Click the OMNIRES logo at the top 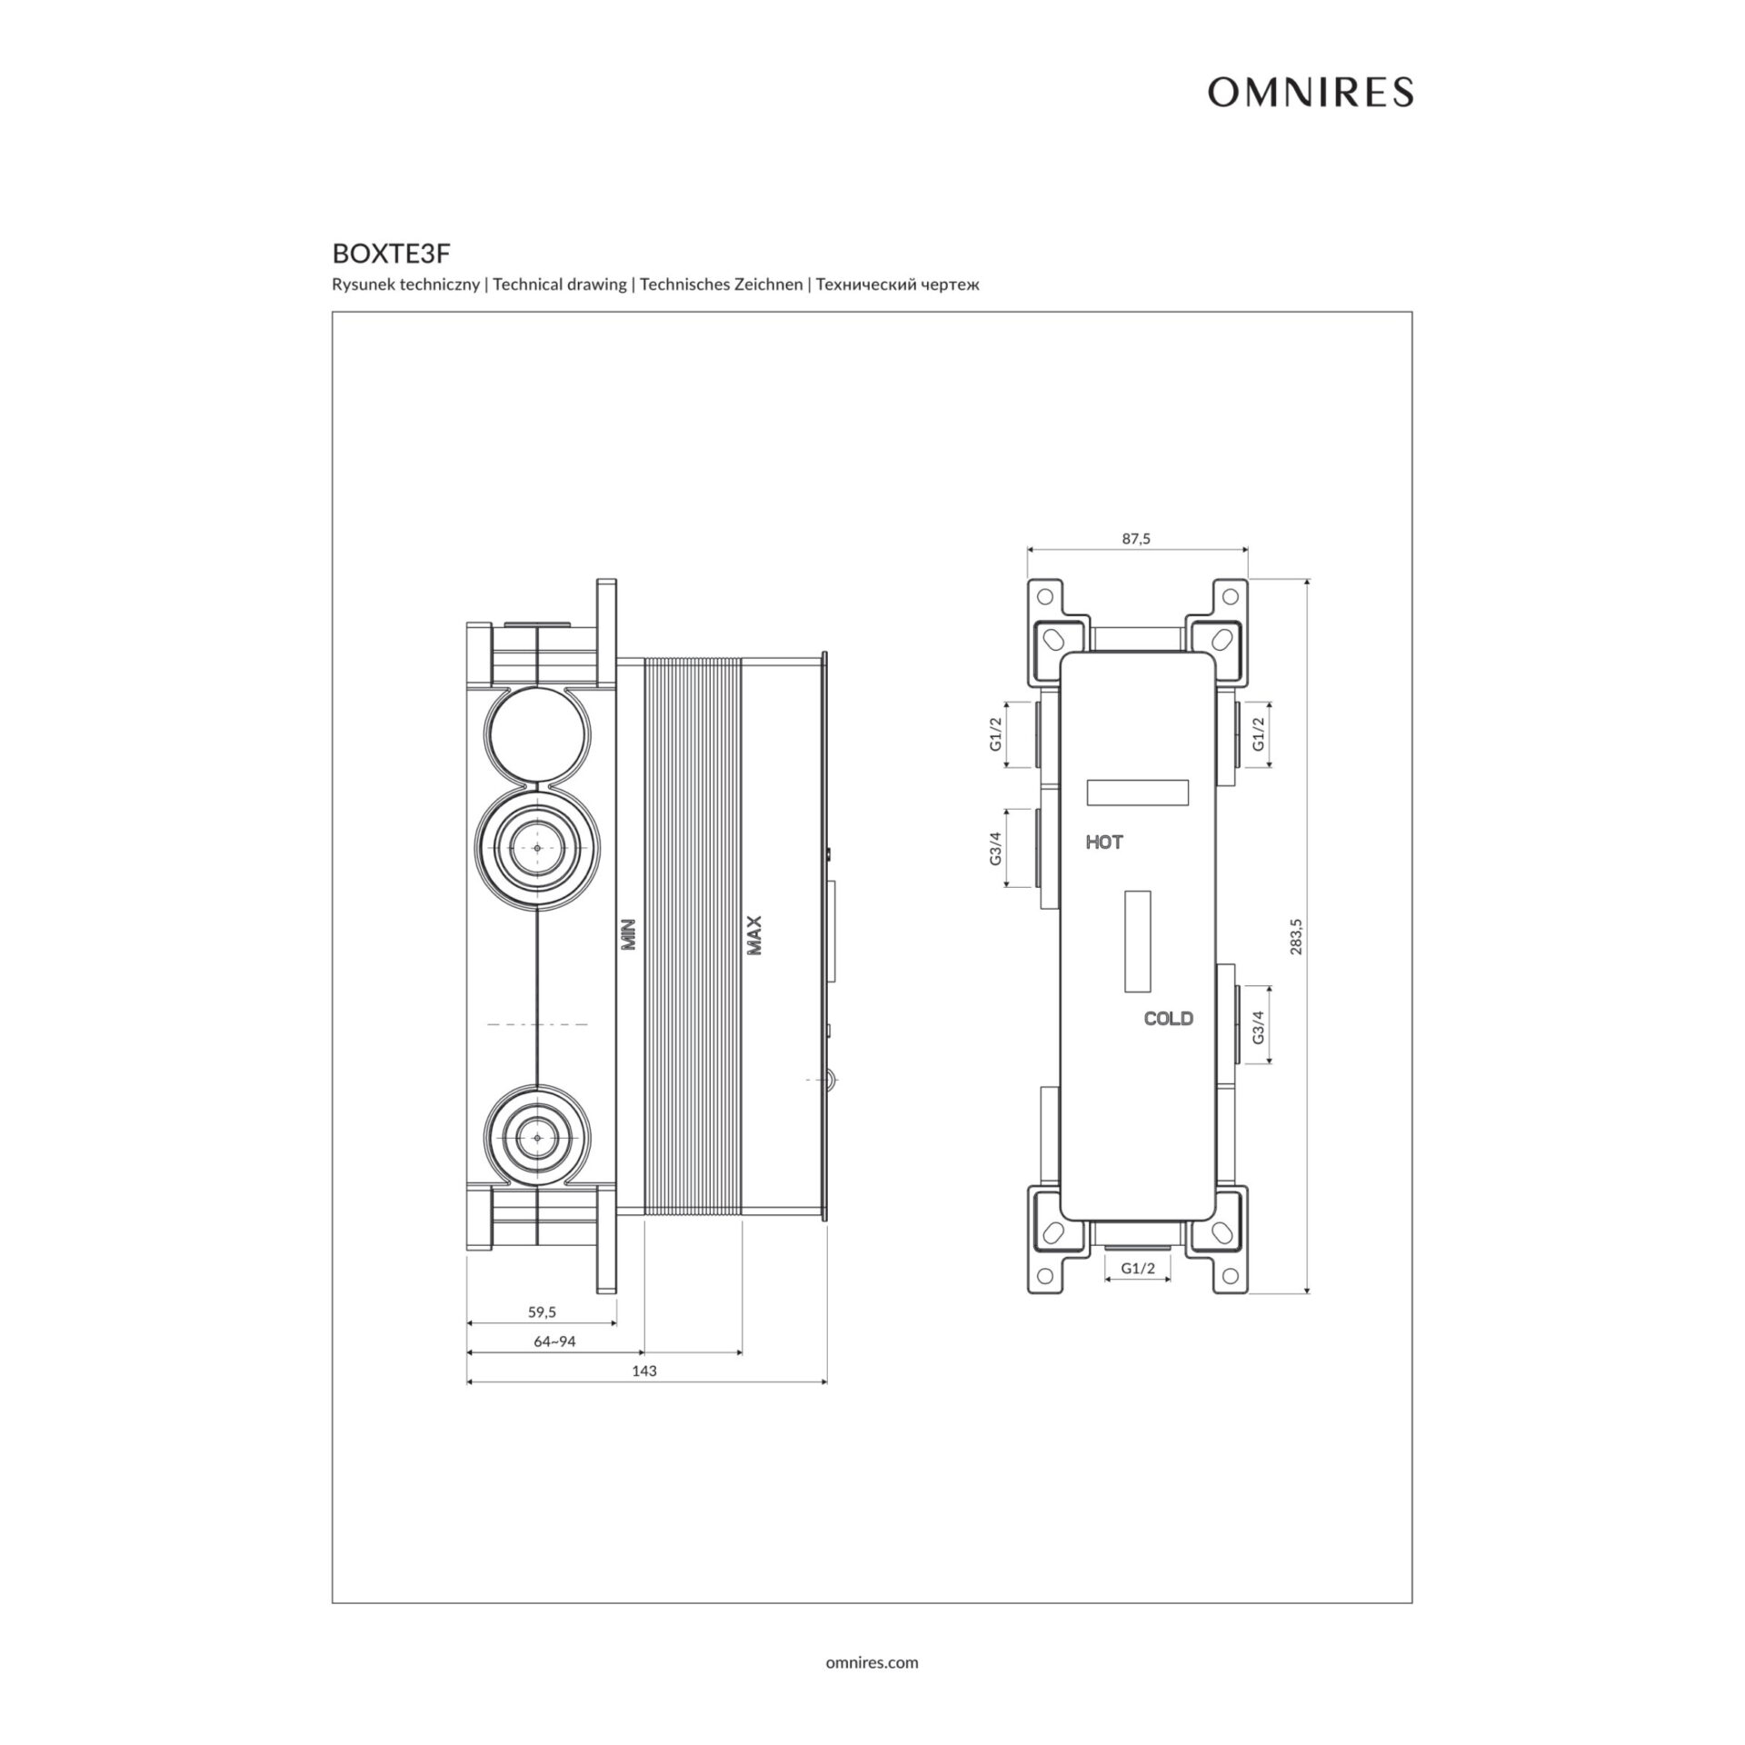pyautogui.click(x=1310, y=93)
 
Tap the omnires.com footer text pyautogui.click(x=872, y=1662)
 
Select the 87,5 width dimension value pyautogui.click(x=1136, y=539)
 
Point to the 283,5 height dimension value pyautogui.click(x=1296, y=936)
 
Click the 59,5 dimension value pyautogui.click(x=542, y=1312)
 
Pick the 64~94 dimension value pyautogui.click(x=554, y=1341)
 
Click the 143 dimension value pyautogui.click(x=644, y=1371)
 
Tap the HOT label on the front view pyautogui.click(x=1104, y=843)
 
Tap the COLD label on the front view pyautogui.click(x=1168, y=1019)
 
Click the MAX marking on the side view pyautogui.click(x=754, y=934)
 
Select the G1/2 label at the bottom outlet pyautogui.click(x=1137, y=1268)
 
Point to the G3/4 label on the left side pyautogui.click(x=996, y=848)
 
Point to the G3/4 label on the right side pyautogui.click(x=1259, y=1024)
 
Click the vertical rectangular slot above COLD pyautogui.click(x=1138, y=942)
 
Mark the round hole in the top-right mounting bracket pyautogui.click(x=1231, y=597)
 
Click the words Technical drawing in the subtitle pyautogui.click(x=560, y=284)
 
